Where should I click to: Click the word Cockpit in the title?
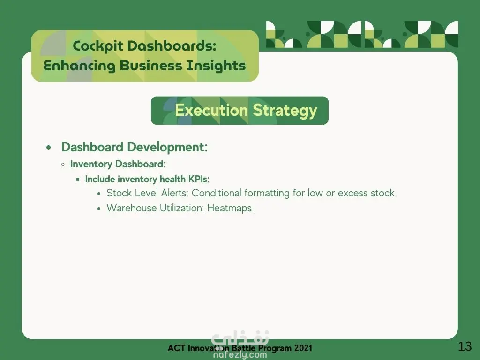coord(98,46)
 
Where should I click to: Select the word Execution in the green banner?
coord(211,110)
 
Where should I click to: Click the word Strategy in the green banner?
coord(285,111)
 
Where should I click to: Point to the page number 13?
coord(465,346)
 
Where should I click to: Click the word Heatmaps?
coord(231,209)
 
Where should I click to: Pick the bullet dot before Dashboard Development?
coord(49,148)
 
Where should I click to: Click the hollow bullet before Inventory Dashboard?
coord(63,165)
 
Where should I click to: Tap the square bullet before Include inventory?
coord(78,180)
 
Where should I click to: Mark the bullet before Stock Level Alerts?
coord(99,194)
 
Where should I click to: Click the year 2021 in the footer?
coord(303,348)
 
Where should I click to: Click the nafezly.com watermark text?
coord(240,355)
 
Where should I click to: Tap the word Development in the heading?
coord(167,147)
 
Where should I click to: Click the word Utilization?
coord(182,208)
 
